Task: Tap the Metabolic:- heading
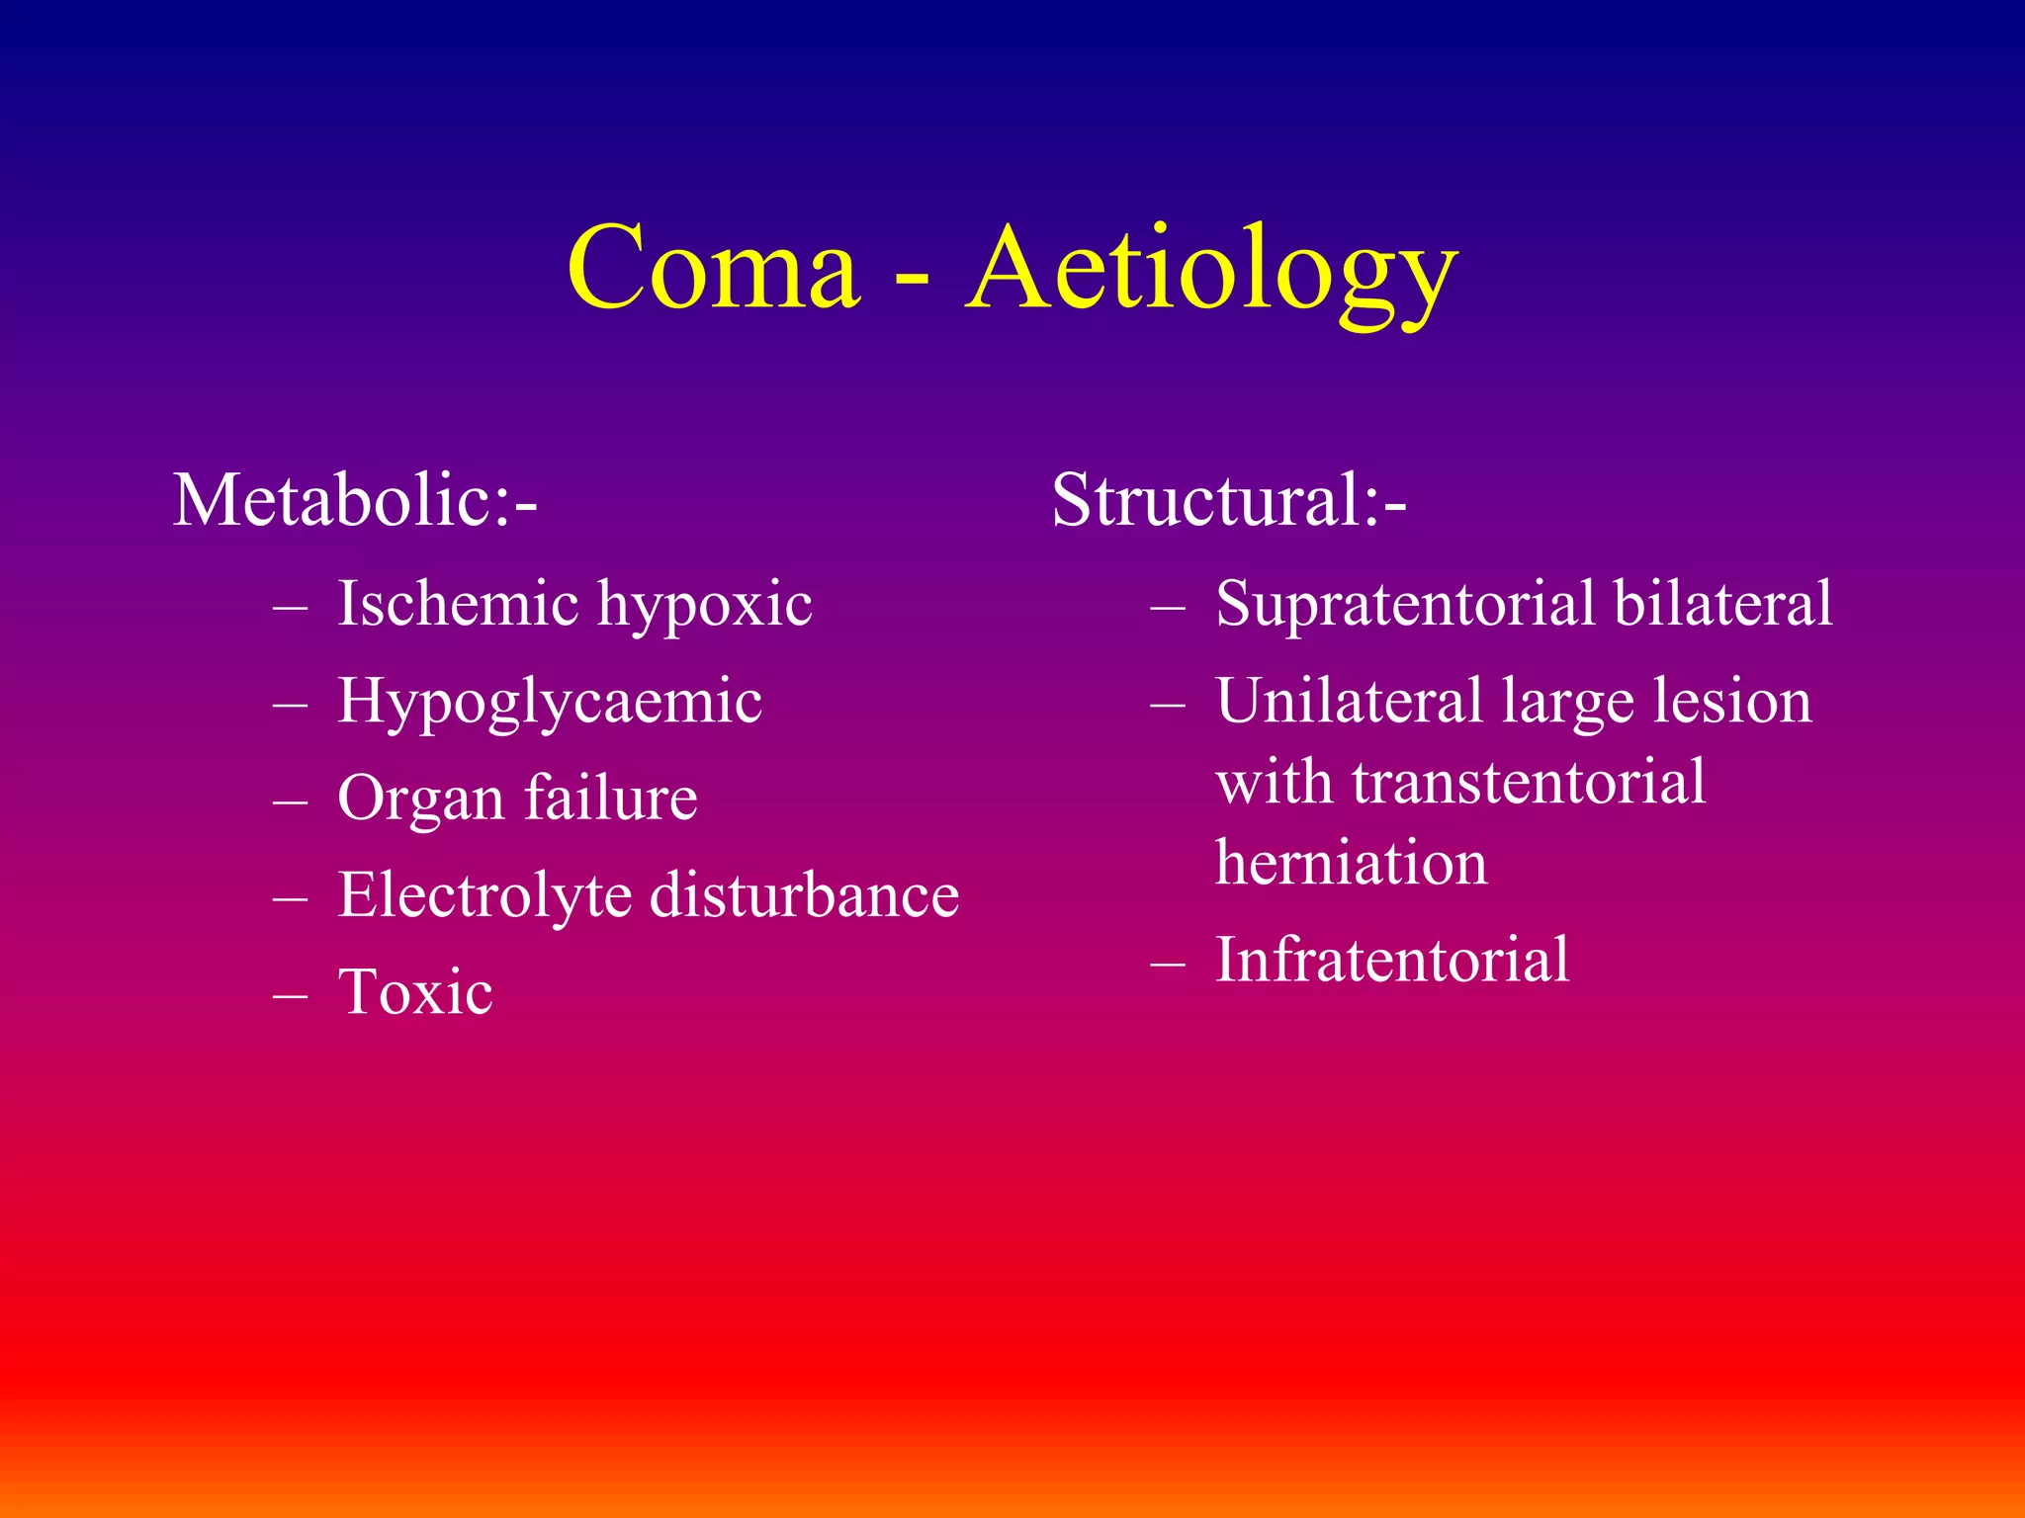click(355, 500)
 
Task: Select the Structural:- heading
click(1228, 500)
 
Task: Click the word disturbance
click(804, 895)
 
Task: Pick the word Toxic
click(415, 991)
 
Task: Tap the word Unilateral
click(1349, 701)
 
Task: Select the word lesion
click(1732, 701)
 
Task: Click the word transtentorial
click(1529, 782)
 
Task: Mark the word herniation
click(1351, 863)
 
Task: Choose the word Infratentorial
click(1392, 960)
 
